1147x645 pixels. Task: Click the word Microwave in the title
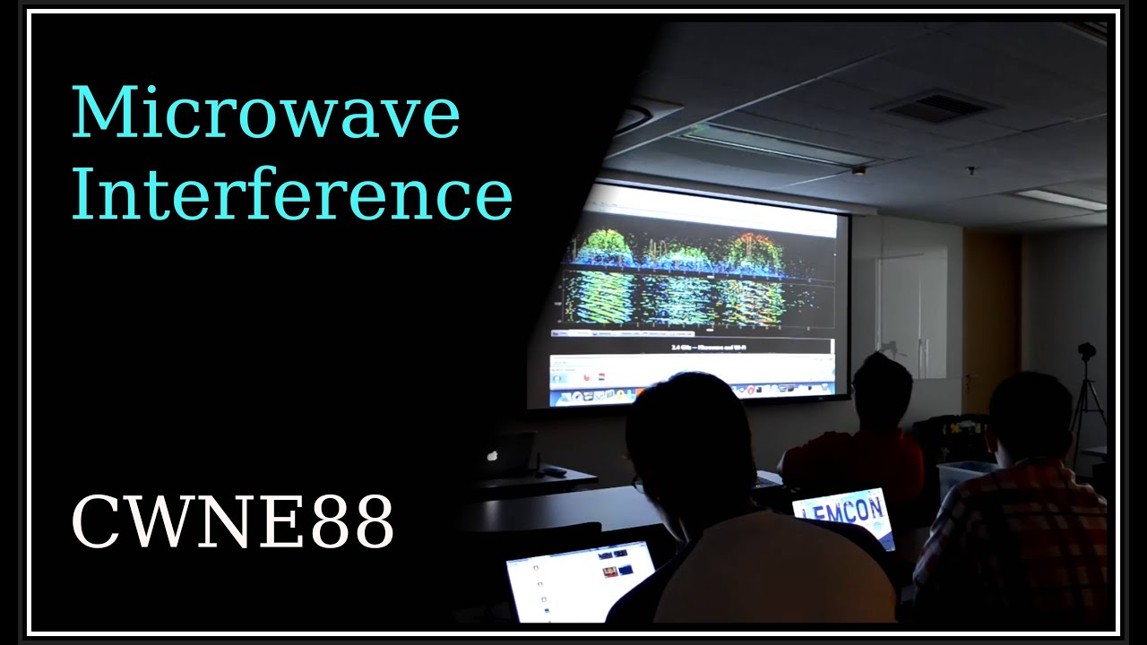click(265, 114)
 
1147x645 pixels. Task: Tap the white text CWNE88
click(232, 523)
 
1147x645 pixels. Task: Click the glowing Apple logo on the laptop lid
click(491, 454)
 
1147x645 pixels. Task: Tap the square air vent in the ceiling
click(936, 107)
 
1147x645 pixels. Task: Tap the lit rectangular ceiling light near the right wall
click(1062, 199)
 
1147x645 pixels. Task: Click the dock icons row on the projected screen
click(690, 391)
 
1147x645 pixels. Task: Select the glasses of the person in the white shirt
click(639, 485)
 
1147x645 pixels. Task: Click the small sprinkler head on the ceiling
click(858, 169)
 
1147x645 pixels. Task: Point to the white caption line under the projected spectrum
click(694, 345)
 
